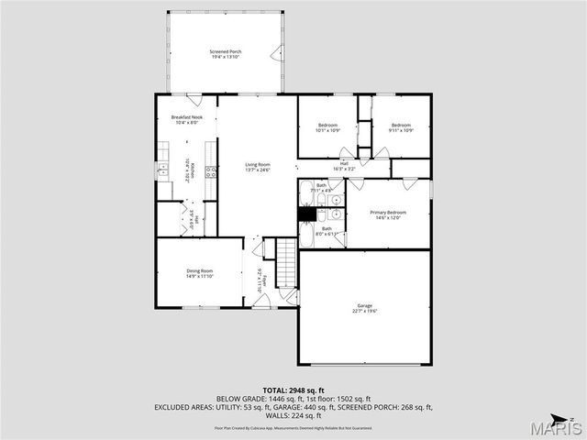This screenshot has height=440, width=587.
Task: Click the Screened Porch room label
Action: [225, 54]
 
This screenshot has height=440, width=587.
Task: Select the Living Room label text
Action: [258, 167]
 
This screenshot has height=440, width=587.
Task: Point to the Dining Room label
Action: [200, 272]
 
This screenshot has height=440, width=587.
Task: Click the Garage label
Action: [365, 308]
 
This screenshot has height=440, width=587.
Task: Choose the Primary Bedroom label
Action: [388, 214]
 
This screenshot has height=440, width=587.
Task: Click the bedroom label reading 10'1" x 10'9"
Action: [328, 127]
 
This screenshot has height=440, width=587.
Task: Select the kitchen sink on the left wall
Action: [162, 168]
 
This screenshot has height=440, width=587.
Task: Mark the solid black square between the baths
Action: [307, 214]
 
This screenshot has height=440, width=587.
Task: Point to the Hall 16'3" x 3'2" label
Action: [344, 167]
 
